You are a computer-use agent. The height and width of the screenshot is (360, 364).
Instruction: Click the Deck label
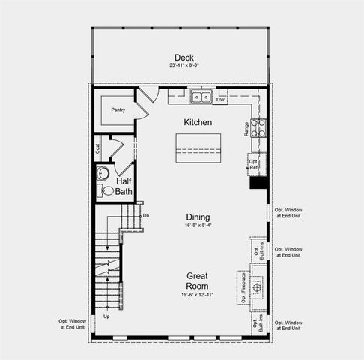(x=183, y=58)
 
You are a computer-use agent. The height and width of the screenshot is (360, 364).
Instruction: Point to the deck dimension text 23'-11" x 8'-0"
(x=183, y=67)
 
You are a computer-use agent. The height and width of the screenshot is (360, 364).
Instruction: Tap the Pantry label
(x=118, y=109)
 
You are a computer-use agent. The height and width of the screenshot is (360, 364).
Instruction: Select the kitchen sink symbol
(x=199, y=97)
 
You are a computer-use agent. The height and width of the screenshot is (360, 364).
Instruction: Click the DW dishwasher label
(x=220, y=98)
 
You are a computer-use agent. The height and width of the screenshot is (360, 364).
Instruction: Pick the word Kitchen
(x=198, y=121)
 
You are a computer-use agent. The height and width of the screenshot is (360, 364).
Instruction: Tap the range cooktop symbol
(x=258, y=127)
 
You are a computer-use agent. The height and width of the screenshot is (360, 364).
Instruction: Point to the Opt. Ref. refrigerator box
(x=254, y=163)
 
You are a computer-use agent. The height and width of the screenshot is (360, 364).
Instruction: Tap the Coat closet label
(x=99, y=148)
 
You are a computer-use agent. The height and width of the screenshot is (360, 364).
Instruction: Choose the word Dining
(x=198, y=217)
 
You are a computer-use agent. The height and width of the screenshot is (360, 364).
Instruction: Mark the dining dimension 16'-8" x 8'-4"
(x=198, y=225)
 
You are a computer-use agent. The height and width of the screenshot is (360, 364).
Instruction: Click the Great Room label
(x=198, y=280)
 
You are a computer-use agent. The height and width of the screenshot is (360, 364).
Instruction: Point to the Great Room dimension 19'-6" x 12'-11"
(x=198, y=295)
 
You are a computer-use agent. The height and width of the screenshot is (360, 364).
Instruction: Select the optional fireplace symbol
(x=258, y=286)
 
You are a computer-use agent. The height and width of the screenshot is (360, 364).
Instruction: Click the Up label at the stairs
(x=106, y=316)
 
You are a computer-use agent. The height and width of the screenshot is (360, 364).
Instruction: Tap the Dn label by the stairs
(x=146, y=215)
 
